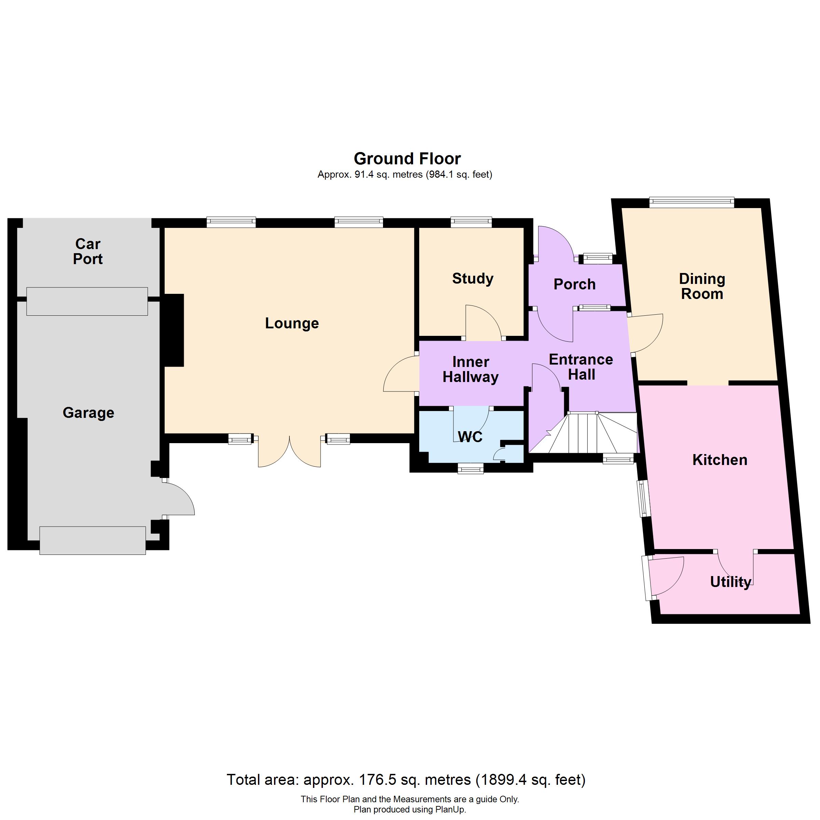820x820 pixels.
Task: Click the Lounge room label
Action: click(x=292, y=324)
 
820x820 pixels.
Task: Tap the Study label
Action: click(x=473, y=279)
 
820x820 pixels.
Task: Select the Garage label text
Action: click(x=88, y=413)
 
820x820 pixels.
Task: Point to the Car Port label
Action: click(x=88, y=251)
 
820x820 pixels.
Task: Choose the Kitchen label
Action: click(x=720, y=460)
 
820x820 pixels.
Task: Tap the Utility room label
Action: click(x=731, y=582)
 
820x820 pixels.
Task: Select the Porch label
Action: click(x=575, y=284)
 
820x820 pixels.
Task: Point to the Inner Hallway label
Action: click(x=471, y=370)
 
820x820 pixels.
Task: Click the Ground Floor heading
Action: click(x=408, y=159)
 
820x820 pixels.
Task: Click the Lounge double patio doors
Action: click(x=289, y=451)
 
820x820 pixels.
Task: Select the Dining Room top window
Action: click(x=692, y=203)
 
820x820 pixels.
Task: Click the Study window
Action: click(x=471, y=222)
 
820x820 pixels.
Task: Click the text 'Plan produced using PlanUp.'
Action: click(x=410, y=809)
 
